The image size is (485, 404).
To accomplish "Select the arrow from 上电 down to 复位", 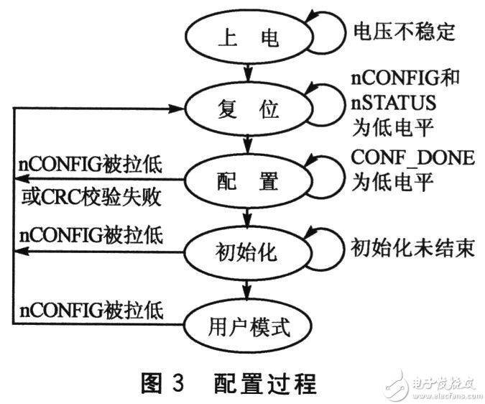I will pyautogui.click(x=248, y=72).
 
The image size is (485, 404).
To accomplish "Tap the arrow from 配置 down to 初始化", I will pyautogui.click(x=248, y=216).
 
